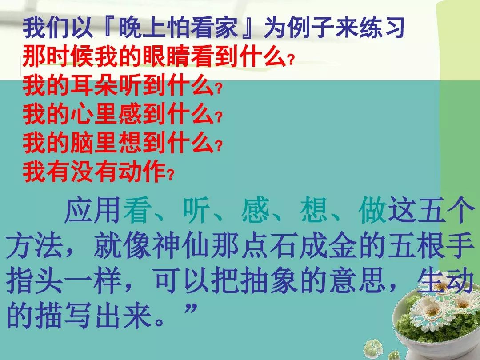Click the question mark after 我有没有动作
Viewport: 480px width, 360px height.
pyautogui.click(x=170, y=176)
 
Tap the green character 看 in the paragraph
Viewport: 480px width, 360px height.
pyautogui.click(x=136, y=210)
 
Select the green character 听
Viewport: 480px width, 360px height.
pyautogui.click(x=196, y=210)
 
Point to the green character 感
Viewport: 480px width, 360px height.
pyautogui.click(x=255, y=210)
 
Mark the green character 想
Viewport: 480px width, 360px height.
pyautogui.click(x=313, y=210)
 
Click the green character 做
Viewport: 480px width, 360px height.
pyautogui.click(x=372, y=210)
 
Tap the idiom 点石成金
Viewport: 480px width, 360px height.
pyautogui.click(x=299, y=245)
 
